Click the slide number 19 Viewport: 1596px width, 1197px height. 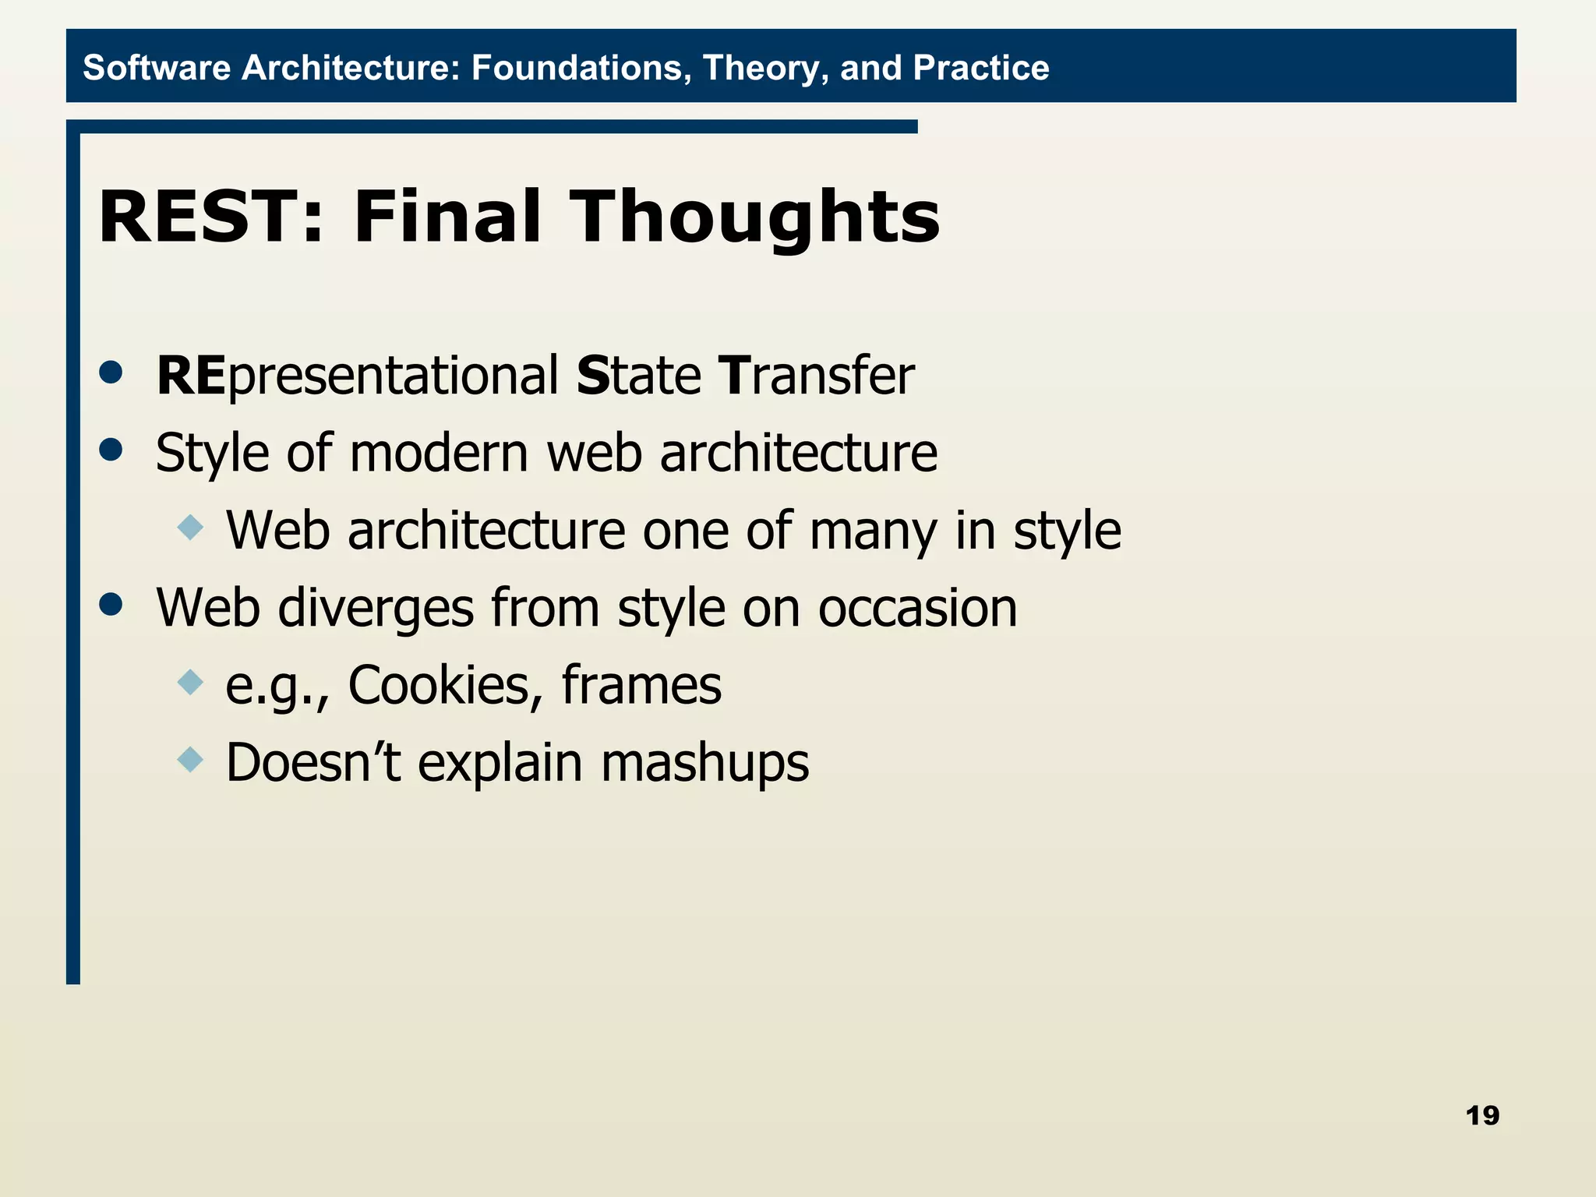tap(1481, 1116)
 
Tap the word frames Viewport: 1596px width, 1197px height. tap(641, 686)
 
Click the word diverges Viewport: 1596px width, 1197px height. tap(376, 609)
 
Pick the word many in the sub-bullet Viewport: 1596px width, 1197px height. tap(874, 531)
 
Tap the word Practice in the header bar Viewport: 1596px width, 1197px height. tap(980, 68)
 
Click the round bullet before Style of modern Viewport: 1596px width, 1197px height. tap(111, 450)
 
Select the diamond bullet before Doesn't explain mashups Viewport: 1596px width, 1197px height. tap(190, 759)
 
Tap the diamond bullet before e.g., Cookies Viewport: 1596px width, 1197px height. tap(190, 683)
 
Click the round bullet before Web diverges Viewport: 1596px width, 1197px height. tap(111, 604)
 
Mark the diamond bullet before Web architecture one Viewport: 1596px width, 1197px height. tap(190, 528)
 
